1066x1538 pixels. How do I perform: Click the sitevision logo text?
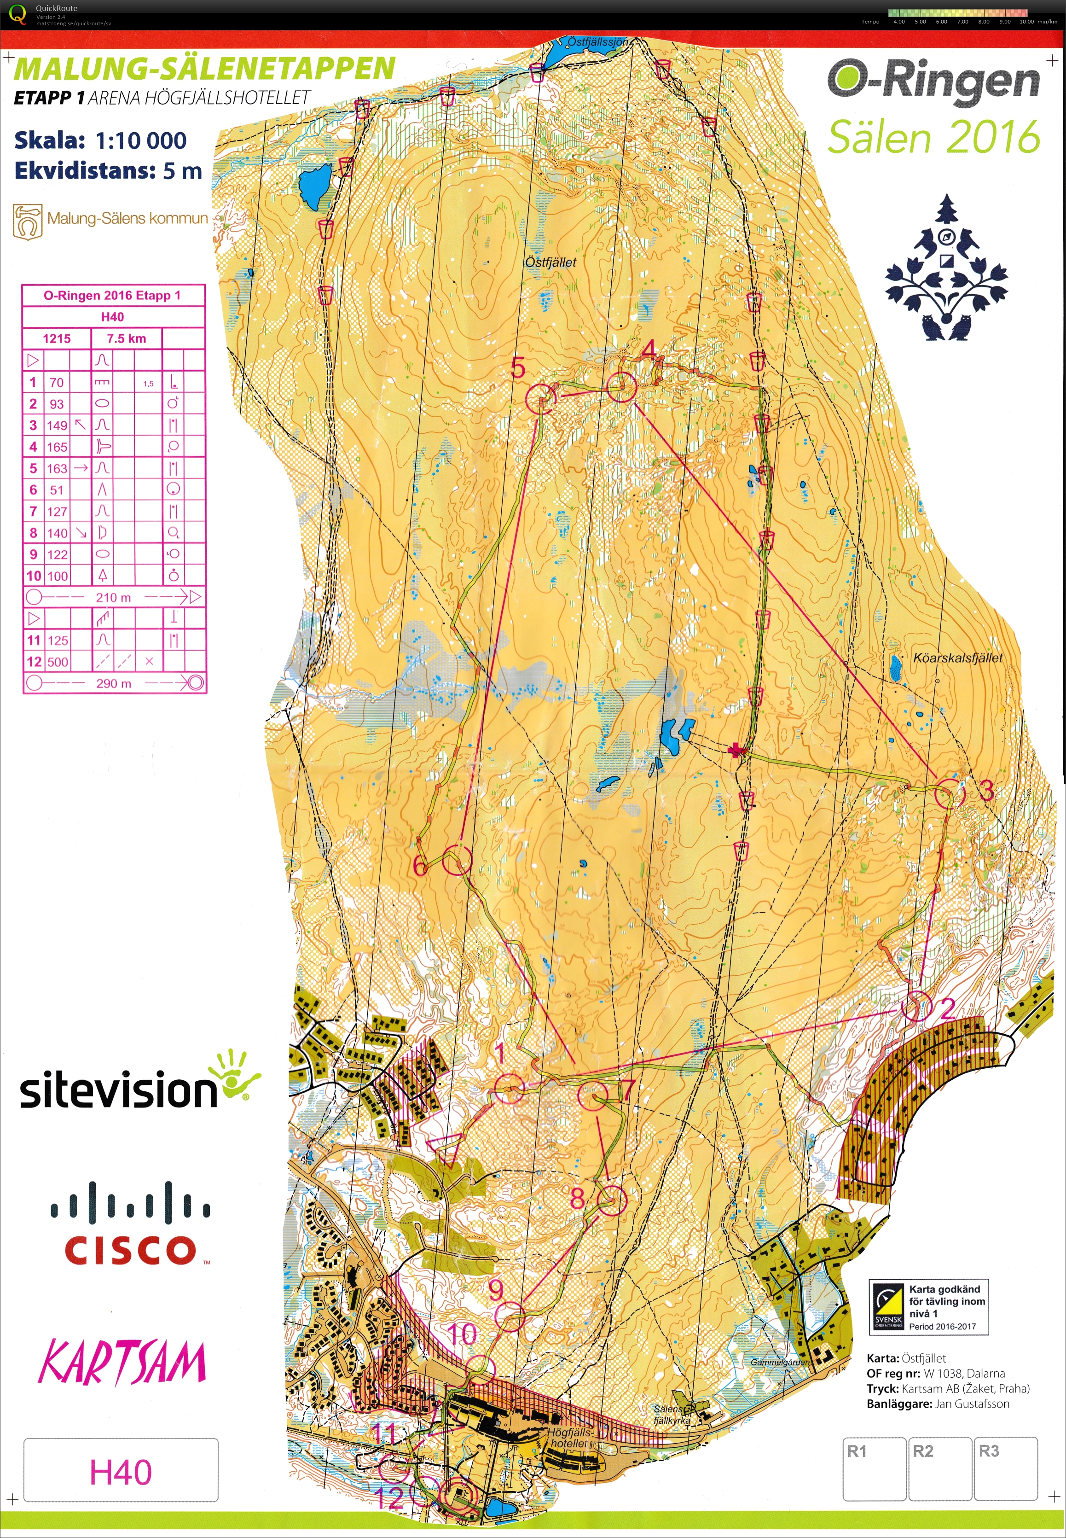119,1089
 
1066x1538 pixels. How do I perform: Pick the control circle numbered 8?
612,1200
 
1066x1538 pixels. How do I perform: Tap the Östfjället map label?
550,262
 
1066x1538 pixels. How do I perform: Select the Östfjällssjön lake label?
598,41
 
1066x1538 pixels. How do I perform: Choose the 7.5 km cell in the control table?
126,338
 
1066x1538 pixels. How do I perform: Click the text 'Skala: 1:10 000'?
100,140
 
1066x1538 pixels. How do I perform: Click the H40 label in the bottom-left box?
121,1472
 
